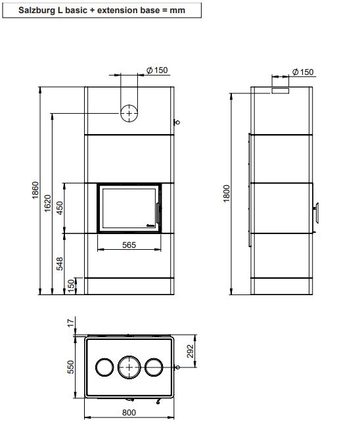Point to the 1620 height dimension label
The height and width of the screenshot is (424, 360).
(x=48, y=204)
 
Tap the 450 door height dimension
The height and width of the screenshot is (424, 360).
(x=59, y=207)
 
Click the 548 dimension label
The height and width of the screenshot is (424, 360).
(x=59, y=263)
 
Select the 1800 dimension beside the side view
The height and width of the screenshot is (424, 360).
(x=227, y=192)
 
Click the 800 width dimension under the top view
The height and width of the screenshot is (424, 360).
(x=129, y=412)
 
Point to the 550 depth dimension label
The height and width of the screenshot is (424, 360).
(x=72, y=366)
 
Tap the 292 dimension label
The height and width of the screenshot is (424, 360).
(x=191, y=352)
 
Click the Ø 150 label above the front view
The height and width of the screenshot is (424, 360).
(x=156, y=70)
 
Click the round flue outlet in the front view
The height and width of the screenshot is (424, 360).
(x=129, y=113)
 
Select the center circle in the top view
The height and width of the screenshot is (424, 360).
(x=129, y=367)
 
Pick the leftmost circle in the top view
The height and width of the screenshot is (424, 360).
(x=104, y=367)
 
